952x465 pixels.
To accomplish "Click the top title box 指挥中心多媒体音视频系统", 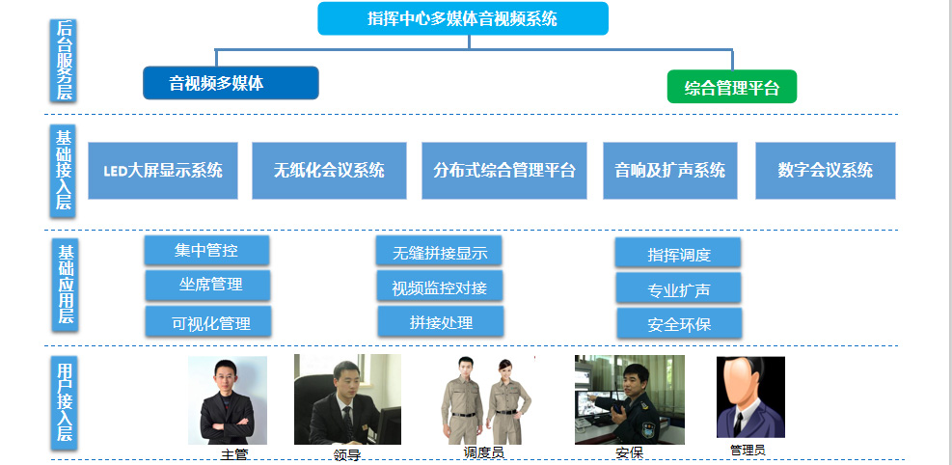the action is pos(463,18).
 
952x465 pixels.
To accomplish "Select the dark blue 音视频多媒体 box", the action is pos(231,83).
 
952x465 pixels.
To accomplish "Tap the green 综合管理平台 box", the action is pos(732,87).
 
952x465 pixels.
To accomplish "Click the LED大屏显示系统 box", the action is pos(163,171).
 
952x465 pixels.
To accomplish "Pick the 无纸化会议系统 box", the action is pos(329,171).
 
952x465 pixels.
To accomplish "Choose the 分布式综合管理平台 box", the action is pos(503,171).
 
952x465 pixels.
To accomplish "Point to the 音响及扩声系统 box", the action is pos(669,171).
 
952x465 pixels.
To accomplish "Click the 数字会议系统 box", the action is pos(825,171).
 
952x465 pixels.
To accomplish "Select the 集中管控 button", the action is pos(206,251).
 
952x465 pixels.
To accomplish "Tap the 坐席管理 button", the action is pos(207,285).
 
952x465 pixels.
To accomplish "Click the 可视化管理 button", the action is pos(207,321).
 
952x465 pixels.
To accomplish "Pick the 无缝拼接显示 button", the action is pos(438,252).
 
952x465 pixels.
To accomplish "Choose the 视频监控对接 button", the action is pos(439,287).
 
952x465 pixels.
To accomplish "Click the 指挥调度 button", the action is pos(677,253).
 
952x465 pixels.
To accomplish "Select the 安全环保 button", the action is pos(679,323).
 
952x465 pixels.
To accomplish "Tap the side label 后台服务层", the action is pos(63,60).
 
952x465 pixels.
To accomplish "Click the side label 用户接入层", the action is pos(65,402).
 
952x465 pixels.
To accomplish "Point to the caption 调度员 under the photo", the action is pos(484,452).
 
